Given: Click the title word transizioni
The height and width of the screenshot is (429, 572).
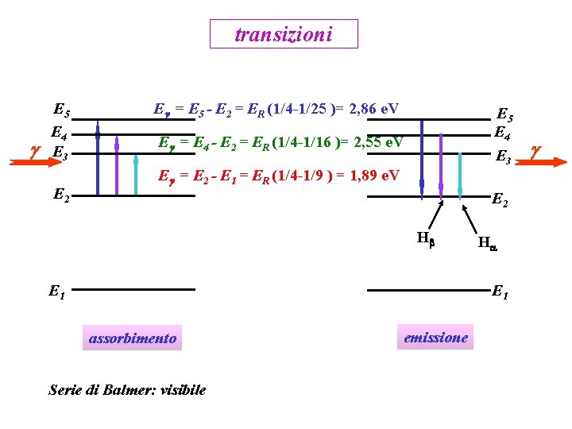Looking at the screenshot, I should [x=284, y=34].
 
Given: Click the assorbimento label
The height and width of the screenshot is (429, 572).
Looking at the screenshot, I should [x=133, y=338].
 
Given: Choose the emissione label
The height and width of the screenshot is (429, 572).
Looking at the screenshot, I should [x=435, y=337].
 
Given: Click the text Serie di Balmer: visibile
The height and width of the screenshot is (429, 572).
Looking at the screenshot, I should [x=127, y=389].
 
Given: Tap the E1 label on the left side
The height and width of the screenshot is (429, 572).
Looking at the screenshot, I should [x=56, y=292].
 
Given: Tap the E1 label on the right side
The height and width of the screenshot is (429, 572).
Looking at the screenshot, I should [x=501, y=292].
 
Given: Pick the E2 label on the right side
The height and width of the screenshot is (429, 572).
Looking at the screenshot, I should [x=501, y=201].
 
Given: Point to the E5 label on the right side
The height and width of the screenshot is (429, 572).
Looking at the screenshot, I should [x=504, y=114].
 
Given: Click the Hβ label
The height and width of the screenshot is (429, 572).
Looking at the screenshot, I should [x=425, y=237].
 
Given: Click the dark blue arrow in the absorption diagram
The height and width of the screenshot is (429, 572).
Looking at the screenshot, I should [x=98, y=159].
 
